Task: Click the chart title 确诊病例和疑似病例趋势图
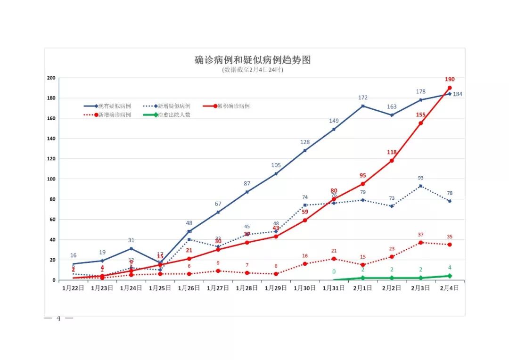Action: tap(253, 60)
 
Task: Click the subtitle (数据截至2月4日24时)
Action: tap(253, 70)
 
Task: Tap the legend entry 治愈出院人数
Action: tap(174, 115)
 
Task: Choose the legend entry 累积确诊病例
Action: tap(233, 106)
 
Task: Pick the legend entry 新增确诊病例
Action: tap(115, 115)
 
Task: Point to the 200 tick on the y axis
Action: tap(51, 78)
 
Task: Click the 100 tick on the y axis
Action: tap(51, 179)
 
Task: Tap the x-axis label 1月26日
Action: tap(189, 288)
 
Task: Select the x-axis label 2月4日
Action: tap(449, 288)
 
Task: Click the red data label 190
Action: tap(449, 80)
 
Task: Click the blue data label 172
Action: tap(363, 98)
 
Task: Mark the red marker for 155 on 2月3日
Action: tap(420, 123)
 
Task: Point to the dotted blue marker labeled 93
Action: tap(420, 186)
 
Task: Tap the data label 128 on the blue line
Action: tap(305, 142)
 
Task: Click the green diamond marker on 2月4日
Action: tap(450, 276)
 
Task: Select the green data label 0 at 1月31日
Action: tap(334, 271)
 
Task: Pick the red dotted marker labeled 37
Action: tap(420, 243)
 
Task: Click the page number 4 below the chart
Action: tap(58, 319)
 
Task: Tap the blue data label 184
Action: tap(458, 94)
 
